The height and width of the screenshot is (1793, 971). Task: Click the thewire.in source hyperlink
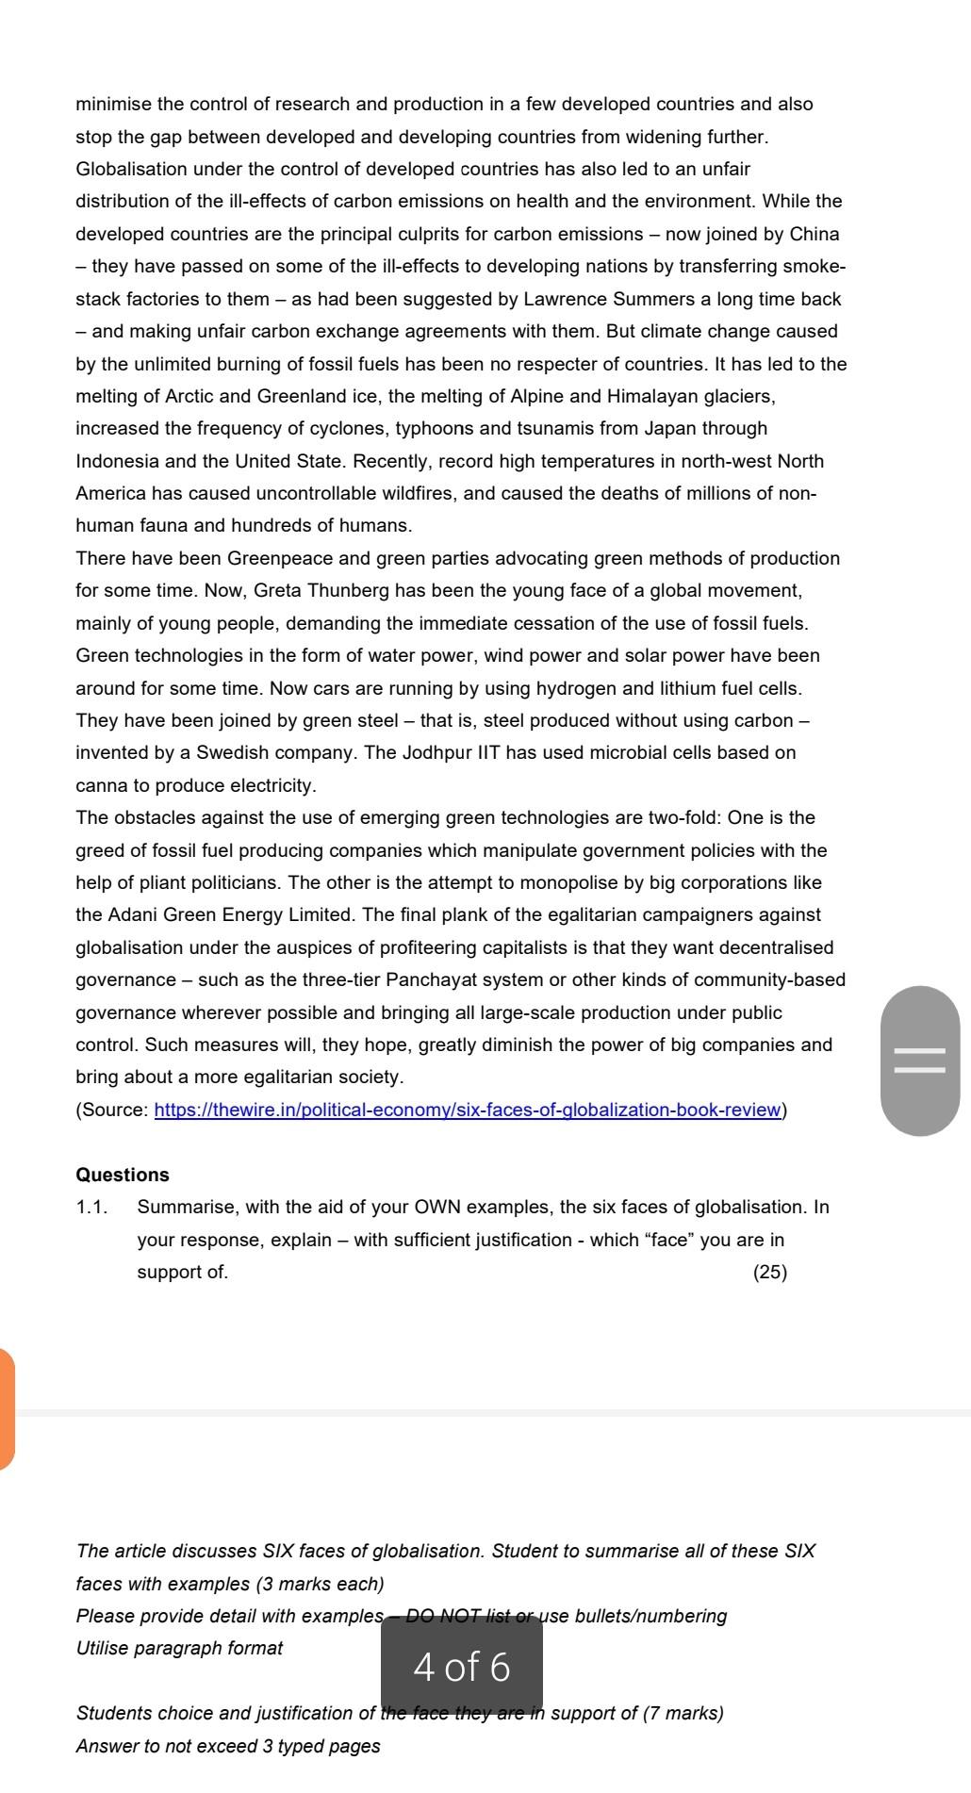pyautogui.click(x=468, y=1110)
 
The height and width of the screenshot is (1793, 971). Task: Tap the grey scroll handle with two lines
pyautogui.click(x=919, y=1061)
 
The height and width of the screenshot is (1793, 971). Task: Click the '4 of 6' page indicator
pyautogui.click(x=462, y=1667)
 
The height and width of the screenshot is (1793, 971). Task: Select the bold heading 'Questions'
pyautogui.click(x=123, y=1175)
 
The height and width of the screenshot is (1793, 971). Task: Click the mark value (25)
pyautogui.click(x=769, y=1272)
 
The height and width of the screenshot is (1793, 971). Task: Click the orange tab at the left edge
pyautogui.click(x=6, y=1409)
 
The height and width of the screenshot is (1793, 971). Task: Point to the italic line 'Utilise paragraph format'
pyautogui.click(x=179, y=1648)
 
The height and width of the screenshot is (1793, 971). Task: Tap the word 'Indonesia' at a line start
pyautogui.click(x=117, y=461)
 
